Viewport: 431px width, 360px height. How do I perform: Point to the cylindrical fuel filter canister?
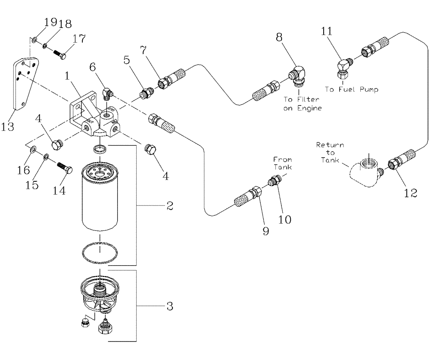100,198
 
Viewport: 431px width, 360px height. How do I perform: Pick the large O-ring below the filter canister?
100,254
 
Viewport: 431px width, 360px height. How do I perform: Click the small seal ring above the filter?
100,149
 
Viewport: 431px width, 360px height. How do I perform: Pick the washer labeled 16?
33,150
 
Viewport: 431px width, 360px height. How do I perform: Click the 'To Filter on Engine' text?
302,103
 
